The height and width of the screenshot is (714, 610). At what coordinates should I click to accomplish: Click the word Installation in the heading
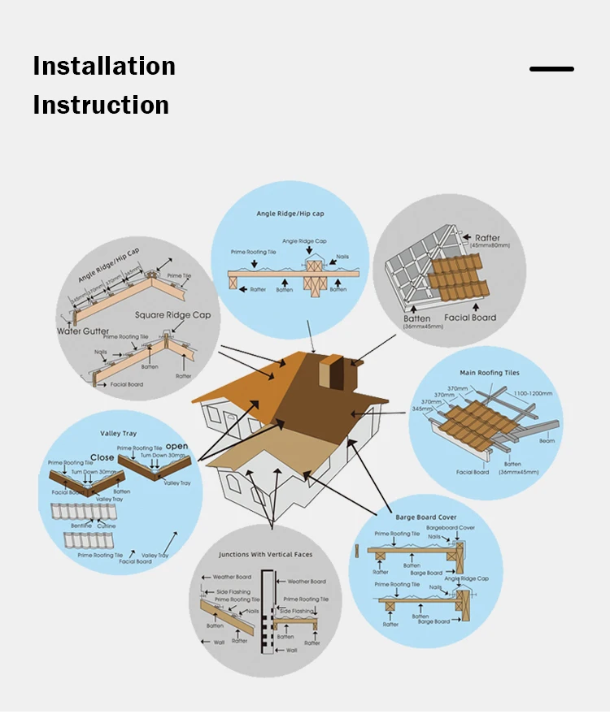click(104, 66)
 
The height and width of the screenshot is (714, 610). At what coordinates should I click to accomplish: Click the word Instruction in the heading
click(101, 105)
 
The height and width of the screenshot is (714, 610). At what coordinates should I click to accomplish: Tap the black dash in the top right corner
click(551, 69)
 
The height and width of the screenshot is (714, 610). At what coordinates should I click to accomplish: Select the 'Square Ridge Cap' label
click(173, 315)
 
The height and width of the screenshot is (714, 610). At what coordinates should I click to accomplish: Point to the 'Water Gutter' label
click(82, 331)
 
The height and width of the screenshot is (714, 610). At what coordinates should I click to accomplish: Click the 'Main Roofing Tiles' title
click(490, 373)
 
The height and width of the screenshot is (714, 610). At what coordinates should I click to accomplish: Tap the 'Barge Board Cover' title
click(426, 517)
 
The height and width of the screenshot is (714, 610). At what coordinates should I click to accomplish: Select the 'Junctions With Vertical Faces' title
click(265, 554)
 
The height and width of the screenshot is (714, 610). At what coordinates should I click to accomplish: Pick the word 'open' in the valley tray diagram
click(176, 447)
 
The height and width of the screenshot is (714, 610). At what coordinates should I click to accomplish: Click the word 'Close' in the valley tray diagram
click(102, 457)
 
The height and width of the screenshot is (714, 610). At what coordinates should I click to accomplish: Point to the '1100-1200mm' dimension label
click(532, 393)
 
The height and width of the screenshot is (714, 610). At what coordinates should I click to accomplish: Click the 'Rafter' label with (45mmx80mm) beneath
click(487, 238)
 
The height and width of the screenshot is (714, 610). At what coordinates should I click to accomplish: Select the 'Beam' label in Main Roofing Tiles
click(547, 440)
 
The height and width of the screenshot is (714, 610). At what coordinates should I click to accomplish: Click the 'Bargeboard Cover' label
click(451, 528)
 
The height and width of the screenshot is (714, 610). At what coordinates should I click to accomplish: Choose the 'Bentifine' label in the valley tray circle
click(81, 526)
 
